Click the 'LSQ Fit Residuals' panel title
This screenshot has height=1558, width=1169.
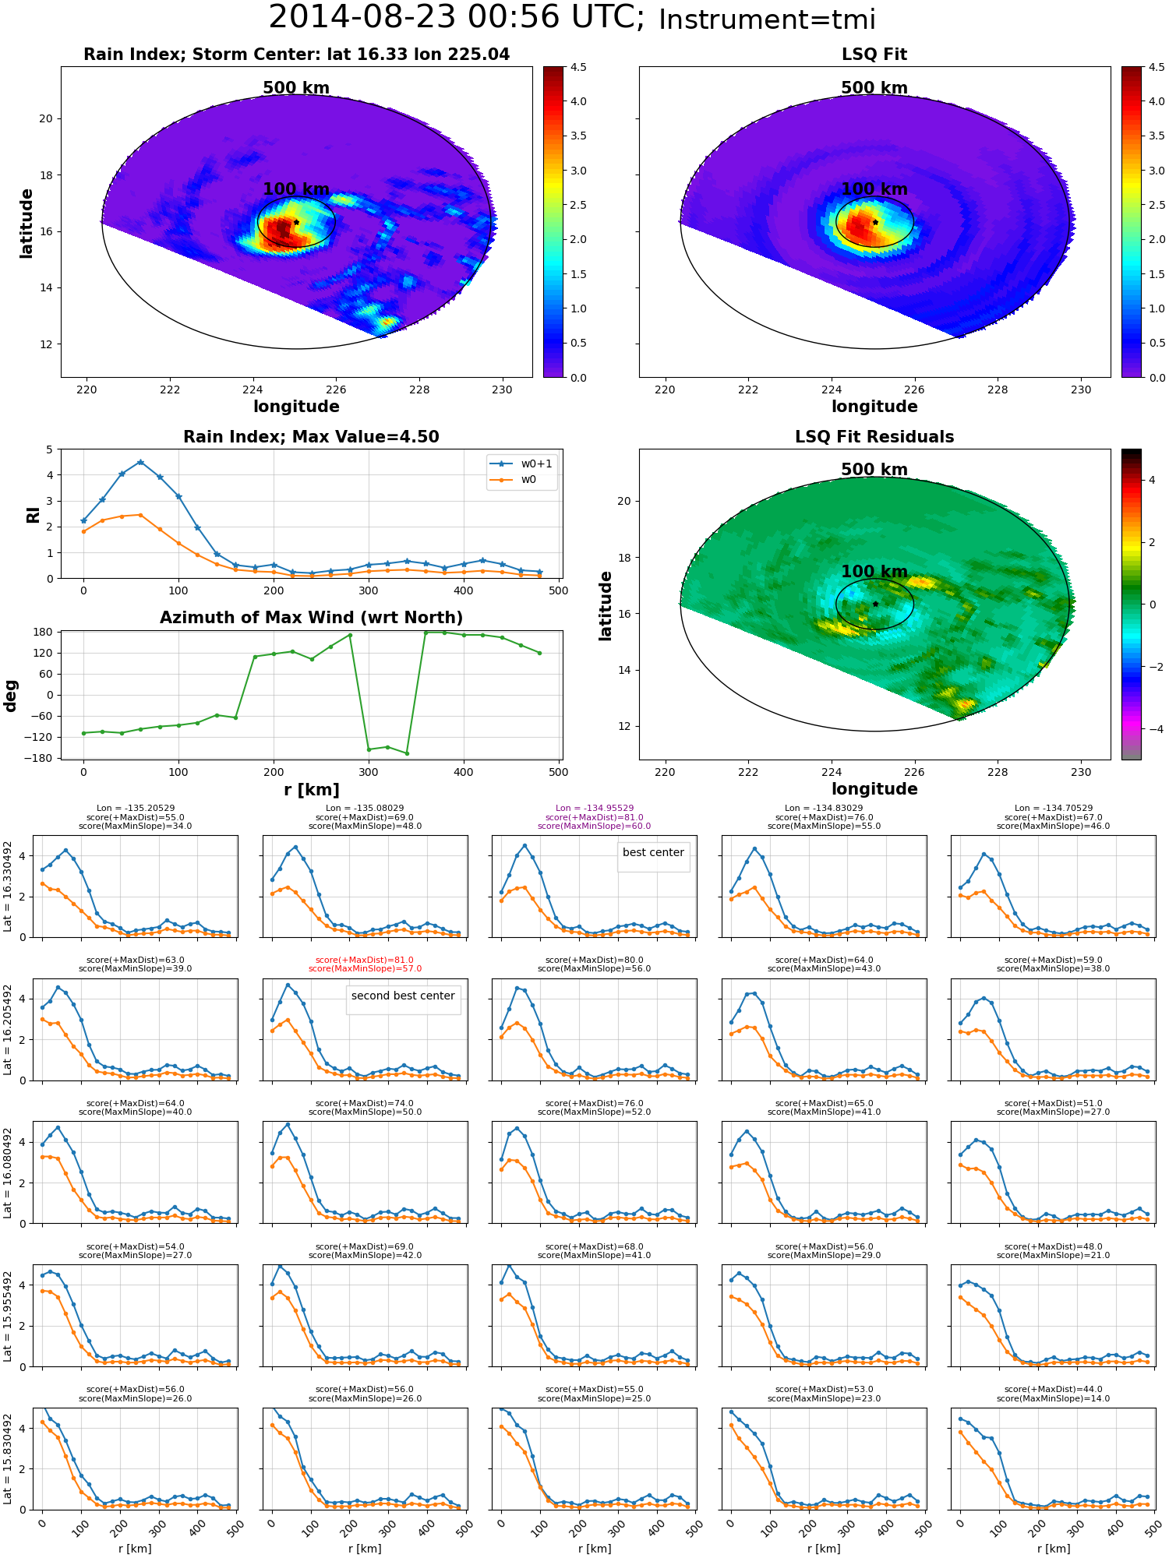pos(874,437)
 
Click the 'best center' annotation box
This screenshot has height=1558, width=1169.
pos(653,852)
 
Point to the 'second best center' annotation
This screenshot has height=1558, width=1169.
pos(403,996)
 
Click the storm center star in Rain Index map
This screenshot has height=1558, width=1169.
pos(296,222)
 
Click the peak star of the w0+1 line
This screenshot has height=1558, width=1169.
pos(140,462)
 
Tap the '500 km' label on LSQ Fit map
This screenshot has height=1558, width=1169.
pos(874,88)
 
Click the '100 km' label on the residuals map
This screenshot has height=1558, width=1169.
pos(874,571)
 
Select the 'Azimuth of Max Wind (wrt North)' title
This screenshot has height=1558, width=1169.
pos(311,618)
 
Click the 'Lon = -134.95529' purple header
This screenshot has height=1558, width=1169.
pos(594,808)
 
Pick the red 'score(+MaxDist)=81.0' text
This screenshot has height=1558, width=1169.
pos(365,960)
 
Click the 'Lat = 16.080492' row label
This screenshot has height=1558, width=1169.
pos(8,1172)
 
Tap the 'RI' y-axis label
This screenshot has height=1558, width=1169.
pos(34,514)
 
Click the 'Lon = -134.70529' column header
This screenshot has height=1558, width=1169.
pos(1053,808)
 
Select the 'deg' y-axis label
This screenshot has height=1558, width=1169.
pos(11,695)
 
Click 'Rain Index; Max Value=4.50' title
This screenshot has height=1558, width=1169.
pos(311,437)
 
